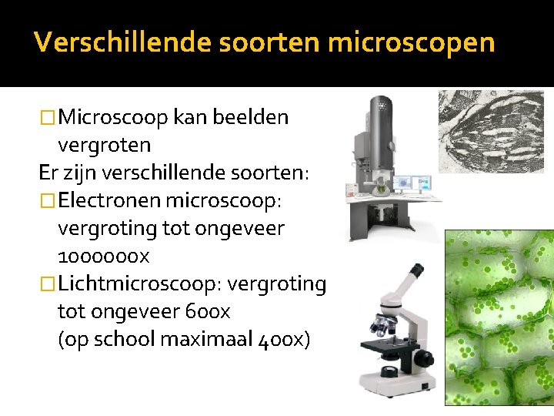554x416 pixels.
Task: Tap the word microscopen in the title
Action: (411, 42)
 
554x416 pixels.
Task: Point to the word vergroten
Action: (104, 145)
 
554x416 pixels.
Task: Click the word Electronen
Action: (109, 200)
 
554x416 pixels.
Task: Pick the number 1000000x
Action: (103, 256)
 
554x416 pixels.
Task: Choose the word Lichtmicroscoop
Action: (139, 283)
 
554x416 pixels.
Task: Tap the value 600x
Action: (208, 311)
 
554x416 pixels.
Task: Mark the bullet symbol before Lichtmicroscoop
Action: (48, 283)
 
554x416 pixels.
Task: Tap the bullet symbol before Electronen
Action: (48, 200)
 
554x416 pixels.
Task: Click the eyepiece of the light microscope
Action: (415, 272)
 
